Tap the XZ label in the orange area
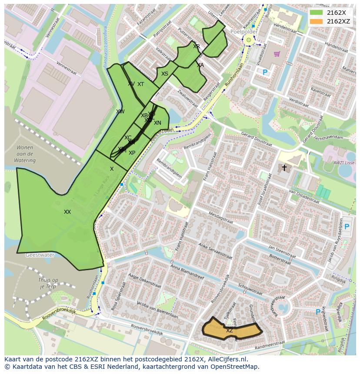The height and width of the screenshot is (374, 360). tap(229, 331)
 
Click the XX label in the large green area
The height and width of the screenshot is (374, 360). tap(67, 212)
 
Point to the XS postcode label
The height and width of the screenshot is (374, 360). tap(165, 74)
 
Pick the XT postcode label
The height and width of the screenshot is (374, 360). tap(140, 84)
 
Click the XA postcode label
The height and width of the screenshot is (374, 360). tap(200, 65)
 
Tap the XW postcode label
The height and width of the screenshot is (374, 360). tap(120, 112)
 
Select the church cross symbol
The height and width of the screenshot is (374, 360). tap(284, 167)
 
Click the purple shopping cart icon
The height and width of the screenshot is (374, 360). tap(277, 54)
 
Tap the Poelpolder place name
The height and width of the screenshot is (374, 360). tap(244, 32)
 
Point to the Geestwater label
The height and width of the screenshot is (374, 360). tap(40, 255)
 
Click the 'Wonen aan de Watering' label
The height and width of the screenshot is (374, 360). tap(25, 154)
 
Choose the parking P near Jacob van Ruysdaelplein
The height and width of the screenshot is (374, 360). tap(347, 226)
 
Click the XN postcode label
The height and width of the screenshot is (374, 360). tap(157, 123)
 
